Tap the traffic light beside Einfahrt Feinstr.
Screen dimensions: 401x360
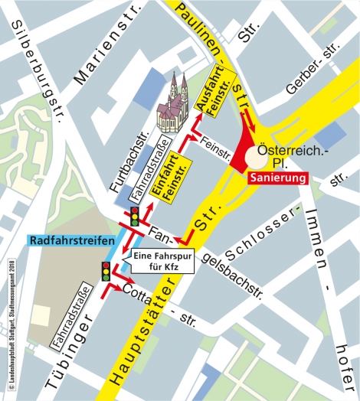[x=135, y=217]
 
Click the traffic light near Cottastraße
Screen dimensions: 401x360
[x=106, y=271]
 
